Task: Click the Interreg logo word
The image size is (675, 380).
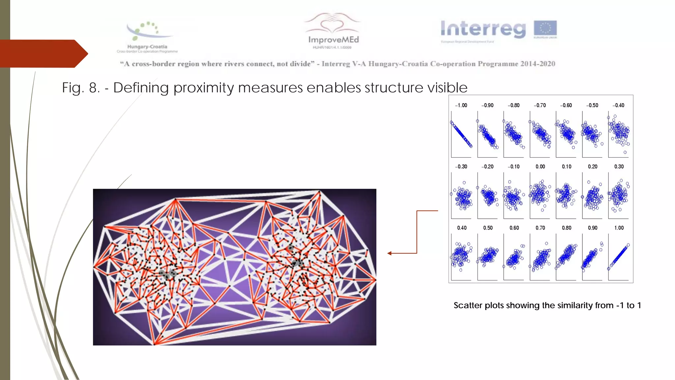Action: click(x=483, y=29)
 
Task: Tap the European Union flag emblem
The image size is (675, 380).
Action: click(x=545, y=28)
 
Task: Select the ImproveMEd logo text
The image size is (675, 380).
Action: click(x=333, y=40)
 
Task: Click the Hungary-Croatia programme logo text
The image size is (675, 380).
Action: click(x=147, y=47)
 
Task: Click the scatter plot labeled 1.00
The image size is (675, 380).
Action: click(x=619, y=257)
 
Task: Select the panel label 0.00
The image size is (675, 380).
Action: click(x=540, y=167)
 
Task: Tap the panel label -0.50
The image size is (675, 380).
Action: click(x=592, y=106)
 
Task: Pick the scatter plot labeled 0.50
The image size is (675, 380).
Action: click(x=487, y=257)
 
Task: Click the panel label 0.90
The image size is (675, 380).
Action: click(x=593, y=228)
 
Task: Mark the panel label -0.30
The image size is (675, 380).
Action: click(x=461, y=167)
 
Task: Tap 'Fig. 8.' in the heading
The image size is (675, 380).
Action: click(x=81, y=88)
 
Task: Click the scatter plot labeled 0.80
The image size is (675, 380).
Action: click(x=566, y=257)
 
